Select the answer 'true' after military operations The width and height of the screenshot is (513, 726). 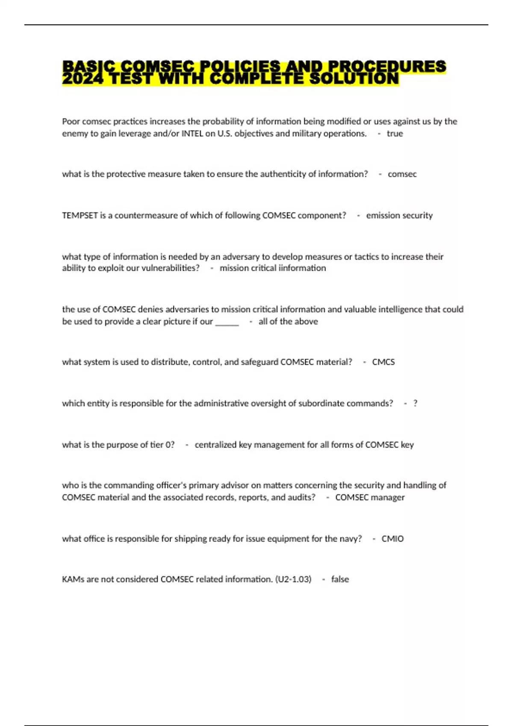coord(395,134)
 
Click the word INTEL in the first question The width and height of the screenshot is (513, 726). coord(192,134)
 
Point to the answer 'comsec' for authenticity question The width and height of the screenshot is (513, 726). coord(402,174)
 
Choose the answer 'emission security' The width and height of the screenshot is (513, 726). coord(399,216)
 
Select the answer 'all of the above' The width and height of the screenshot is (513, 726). coord(288,322)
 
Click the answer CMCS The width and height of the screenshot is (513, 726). coord(383,362)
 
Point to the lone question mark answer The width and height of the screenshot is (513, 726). coord(415,404)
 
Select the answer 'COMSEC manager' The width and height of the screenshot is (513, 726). coord(370,498)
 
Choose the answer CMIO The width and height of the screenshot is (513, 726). coord(392,539)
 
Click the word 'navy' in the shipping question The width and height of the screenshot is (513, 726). coord(348,539)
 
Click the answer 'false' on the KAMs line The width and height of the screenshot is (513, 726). coord(340,580)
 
